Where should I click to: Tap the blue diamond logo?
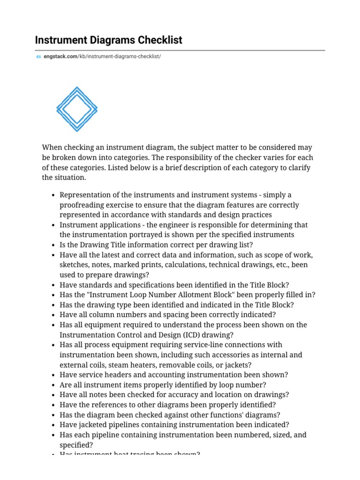coord(77,109)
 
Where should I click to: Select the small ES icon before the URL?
coord(38,57)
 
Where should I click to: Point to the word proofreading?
coord(81,205)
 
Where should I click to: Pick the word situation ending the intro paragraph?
coord(71,178)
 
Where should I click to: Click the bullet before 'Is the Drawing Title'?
coord(54,245)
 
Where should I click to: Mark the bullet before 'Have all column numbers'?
coord(54,315)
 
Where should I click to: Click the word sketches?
coord(74,265)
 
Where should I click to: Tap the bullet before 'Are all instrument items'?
coord(54,385)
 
